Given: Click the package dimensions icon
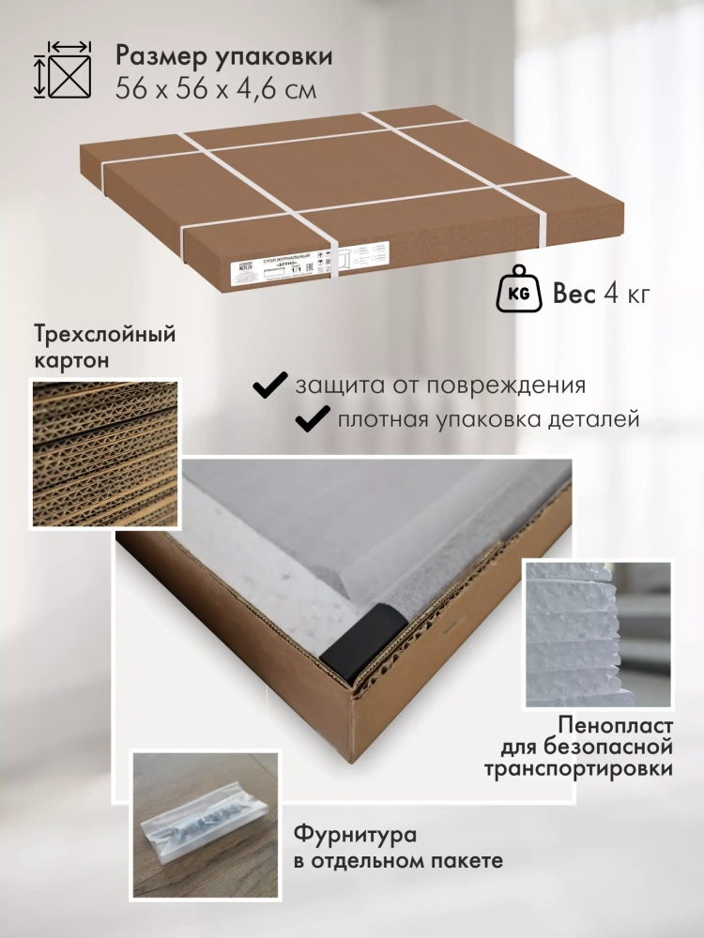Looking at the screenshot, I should point(64,69).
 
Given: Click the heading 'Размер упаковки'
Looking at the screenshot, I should point(223,56).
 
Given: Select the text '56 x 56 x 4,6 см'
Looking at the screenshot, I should point(216,89).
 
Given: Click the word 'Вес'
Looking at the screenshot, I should point(574,295).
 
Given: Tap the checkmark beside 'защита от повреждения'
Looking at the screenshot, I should point(271,385).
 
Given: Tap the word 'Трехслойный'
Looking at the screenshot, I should point(104,334).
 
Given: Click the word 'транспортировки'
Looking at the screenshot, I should point(578,770).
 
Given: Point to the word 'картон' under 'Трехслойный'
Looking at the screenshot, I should point(70,360).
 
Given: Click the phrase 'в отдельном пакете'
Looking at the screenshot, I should point(398,860).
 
